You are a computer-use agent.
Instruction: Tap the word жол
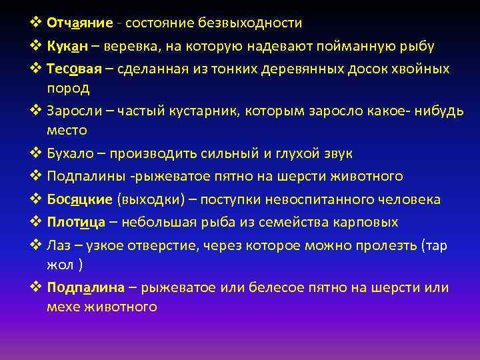pyautogui.click(x=61, y=265)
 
